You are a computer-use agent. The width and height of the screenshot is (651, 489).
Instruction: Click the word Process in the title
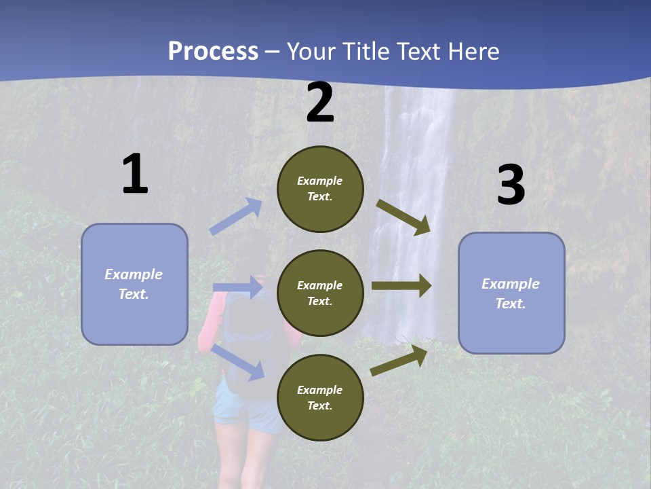coord(213,52)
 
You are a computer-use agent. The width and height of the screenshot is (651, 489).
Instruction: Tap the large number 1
coord(135,175)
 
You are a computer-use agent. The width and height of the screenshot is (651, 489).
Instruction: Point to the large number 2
coord(320,103)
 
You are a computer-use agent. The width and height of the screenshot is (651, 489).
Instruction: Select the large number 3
coord(511,185)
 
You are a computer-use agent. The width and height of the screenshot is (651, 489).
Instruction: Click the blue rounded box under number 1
coord(134,284)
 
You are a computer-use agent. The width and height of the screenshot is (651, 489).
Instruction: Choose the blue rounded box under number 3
coord(511,293)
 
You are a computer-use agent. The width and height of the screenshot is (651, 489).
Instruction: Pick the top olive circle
coord(320,189)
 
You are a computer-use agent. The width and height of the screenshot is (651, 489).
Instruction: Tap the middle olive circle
coord(320,293)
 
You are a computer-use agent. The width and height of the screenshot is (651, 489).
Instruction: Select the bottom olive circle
coord(320,397)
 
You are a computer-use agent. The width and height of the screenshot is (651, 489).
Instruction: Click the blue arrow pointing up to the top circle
coord(236,217)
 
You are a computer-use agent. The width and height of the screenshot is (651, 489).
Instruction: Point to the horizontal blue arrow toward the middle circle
coord(237,287)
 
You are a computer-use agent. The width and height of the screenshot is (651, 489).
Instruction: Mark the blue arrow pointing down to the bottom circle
coord(238,362)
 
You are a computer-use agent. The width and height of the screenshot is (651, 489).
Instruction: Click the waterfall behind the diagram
coord(414,170)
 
